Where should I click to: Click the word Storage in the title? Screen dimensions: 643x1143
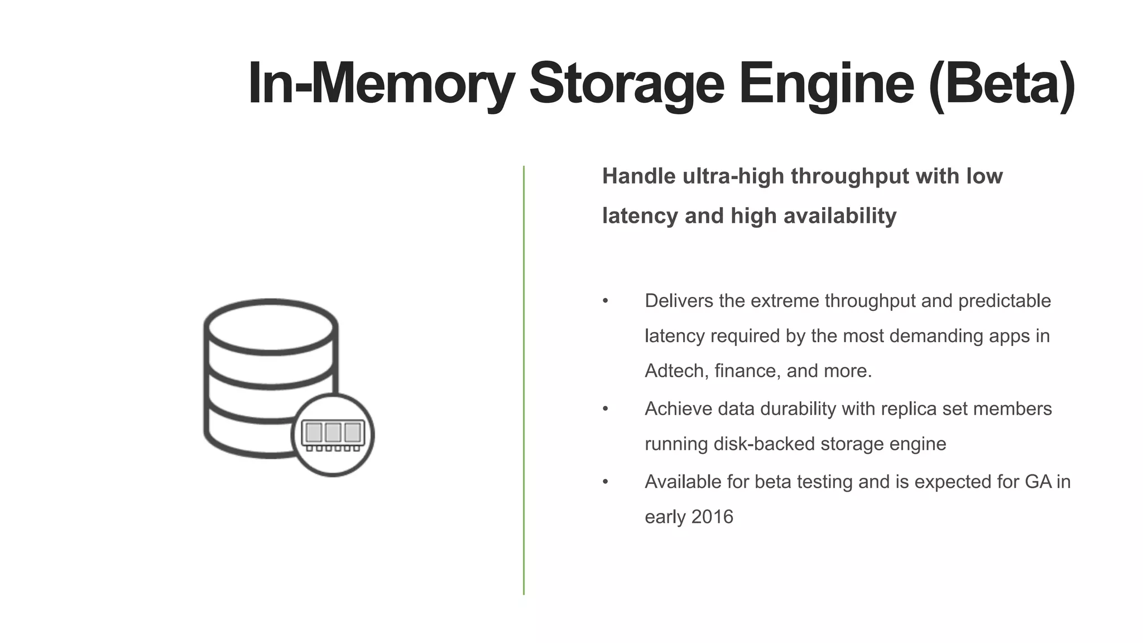click(x=626, y=84)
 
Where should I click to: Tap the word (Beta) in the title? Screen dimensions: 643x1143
click(x=1001, y=84)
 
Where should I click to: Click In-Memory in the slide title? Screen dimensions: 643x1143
click(x=381, y=84)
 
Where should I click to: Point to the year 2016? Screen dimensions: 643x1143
click(x=712, y=517)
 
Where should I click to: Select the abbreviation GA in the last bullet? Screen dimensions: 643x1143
click(x=1038, y=482)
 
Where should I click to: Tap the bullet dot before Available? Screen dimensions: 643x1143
click(x=606, y=482)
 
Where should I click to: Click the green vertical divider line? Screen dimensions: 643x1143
click(x=524, y=380)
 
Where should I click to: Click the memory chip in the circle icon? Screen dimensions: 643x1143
click(x=333, y=434)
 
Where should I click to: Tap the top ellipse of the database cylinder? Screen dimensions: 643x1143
click(x=271, y=327)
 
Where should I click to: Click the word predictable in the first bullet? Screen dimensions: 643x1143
click(x=1004, y=301)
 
